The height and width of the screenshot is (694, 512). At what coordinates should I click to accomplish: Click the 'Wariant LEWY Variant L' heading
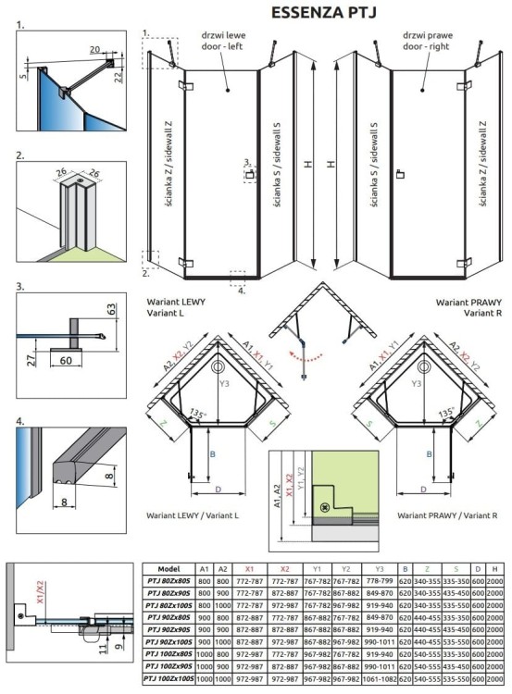point(177,308)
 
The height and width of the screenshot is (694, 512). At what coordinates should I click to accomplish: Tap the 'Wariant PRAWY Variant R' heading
point(469,308)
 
